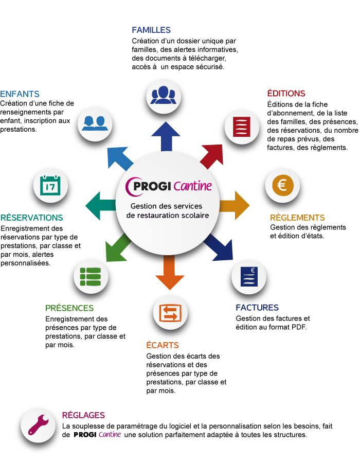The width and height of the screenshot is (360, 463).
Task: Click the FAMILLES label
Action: [x=151, y=30]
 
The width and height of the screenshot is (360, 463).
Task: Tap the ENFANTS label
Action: [x=20, y=94]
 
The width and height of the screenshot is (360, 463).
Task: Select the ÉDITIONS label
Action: [x=286, y=94]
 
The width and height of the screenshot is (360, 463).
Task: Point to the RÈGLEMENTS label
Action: [x=297, y=218]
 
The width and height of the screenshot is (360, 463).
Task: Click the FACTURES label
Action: [x=257, y=308]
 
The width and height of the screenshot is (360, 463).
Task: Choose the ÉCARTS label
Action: [x=163, y=345]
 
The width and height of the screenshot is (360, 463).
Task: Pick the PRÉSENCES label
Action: [x=69, y=308]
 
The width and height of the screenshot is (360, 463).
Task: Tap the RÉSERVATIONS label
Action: [x=32, y=218]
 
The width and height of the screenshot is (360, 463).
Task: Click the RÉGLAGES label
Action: [x=83, y=415]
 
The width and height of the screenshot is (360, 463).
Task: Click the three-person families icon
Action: [x=163, y=95]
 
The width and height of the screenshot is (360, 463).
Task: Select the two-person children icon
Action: [x=95, y=122]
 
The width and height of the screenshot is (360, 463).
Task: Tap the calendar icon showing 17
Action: [x=50, y=186]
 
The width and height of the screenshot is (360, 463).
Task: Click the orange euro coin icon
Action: [x=282, y=185]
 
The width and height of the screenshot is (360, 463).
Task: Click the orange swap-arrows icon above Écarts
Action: [x=170, y=313]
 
